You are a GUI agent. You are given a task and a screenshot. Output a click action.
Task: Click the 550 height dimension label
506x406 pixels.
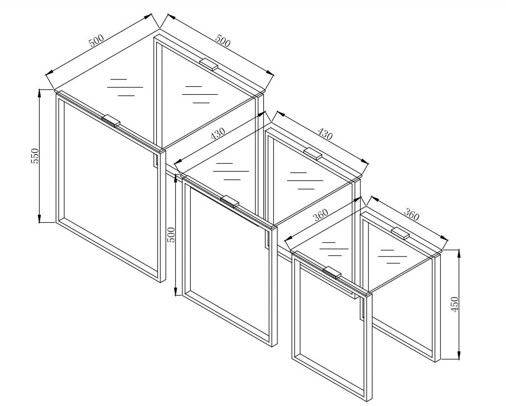[x=35, y=156]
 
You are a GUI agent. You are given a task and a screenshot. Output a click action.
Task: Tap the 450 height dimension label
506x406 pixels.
[x=454, y=304]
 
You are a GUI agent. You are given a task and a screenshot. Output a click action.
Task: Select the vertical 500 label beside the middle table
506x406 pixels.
[x=171, y=235]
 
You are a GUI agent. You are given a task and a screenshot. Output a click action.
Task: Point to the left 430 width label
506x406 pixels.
[x=217, y=133]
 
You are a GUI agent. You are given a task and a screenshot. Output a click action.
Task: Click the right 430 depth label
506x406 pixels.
[x=325, y=134]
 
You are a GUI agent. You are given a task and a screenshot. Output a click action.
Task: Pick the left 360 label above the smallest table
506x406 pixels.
[x=321, y=214]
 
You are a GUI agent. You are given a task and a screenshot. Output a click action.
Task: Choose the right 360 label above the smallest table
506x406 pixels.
[x=412, y=215]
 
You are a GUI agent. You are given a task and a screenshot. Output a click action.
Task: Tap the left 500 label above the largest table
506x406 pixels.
[x=96, y=40]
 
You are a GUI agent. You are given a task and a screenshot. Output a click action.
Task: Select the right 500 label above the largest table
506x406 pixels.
[x=223, y=41]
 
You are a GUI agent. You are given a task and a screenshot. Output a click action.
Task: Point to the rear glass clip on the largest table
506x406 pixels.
[x=209, y=64]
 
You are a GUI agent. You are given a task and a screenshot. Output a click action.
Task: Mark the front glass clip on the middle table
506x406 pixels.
[x=230, y=201]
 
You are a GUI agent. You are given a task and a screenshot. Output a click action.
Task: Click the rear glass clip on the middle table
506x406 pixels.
[x=313, y=153]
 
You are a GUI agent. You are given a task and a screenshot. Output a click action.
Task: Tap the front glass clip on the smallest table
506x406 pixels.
[x=333, y=272]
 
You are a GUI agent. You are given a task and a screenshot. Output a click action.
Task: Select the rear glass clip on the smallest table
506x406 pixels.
[x=400, y=233]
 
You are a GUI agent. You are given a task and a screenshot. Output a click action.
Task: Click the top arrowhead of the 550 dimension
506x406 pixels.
[x=40, y=93]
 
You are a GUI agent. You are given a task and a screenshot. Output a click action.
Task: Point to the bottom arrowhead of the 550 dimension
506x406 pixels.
[x=40, y=219]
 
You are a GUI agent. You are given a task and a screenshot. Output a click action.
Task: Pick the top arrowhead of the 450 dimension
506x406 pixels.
[x=459, y=253]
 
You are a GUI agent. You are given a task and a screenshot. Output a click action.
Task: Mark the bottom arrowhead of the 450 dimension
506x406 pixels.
[x=459, y=355]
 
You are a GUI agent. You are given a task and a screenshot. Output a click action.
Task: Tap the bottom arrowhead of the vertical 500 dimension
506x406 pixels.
[x=176, y=292]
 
